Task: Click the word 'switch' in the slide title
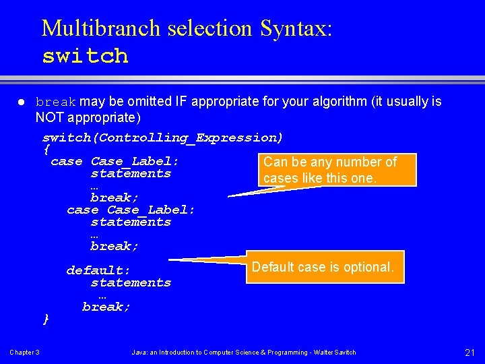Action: point(85,55)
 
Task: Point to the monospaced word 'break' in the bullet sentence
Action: point(56,102)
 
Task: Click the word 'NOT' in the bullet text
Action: point(49,118)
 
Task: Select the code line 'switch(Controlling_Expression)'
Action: point(162,138)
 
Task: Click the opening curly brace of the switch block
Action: point(46,149)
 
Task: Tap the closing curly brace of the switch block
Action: point(46,318)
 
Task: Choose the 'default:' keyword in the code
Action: point(98,270)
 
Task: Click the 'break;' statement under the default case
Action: point(106,307)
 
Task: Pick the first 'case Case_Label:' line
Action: point(115,161)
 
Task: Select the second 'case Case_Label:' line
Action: point(131,210)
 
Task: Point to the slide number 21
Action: point(470,353)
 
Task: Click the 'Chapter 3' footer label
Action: point(24,353)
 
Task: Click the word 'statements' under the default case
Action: point(131,282)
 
